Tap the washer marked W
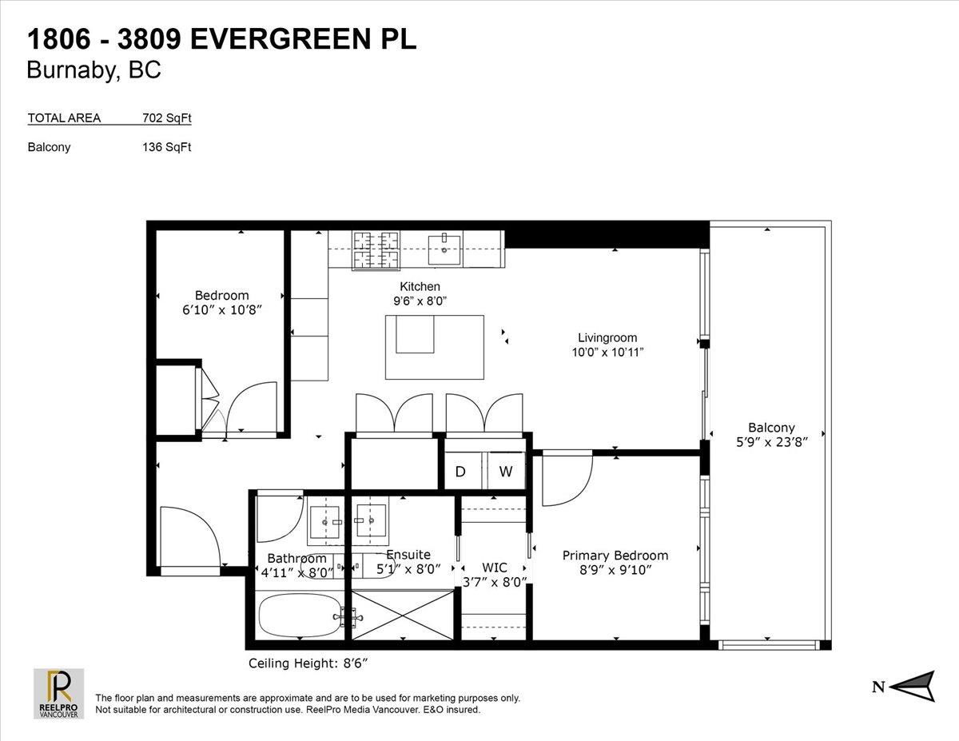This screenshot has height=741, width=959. [x=506, y=471]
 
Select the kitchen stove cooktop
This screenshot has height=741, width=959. [x=376, y=250]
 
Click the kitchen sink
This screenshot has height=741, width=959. [x=444, y=249]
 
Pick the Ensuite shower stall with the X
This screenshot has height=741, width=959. [x=403, y=615]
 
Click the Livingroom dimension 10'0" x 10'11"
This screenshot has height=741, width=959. [x=607, y=353]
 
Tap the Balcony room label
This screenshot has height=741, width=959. [x=771, y=427]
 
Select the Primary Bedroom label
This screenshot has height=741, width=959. [x=615, y=556]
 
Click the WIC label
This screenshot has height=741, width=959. [x=494, y=567]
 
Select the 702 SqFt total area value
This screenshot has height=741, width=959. [x=167, y=118]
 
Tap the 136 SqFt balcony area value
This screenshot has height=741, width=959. [x=167, y=147]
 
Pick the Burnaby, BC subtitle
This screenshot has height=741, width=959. [x=94, y=70]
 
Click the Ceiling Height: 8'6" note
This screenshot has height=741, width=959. [x=308, y=663]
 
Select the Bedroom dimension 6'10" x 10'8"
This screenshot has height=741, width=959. [x=222, y=310]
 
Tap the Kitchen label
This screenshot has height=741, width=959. [x=420, y=286]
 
